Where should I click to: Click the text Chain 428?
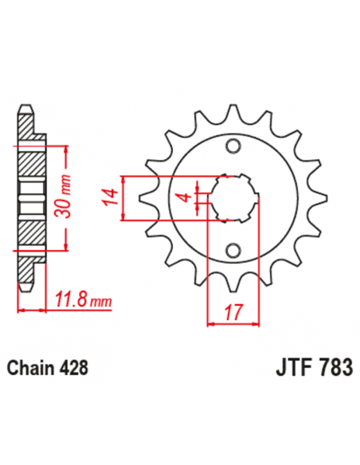click(47, 369)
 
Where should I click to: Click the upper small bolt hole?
click(233, 146)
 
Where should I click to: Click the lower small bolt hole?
click(233, 250)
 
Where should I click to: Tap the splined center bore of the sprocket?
click(233, 198)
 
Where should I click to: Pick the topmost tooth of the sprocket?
click(233, 112)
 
